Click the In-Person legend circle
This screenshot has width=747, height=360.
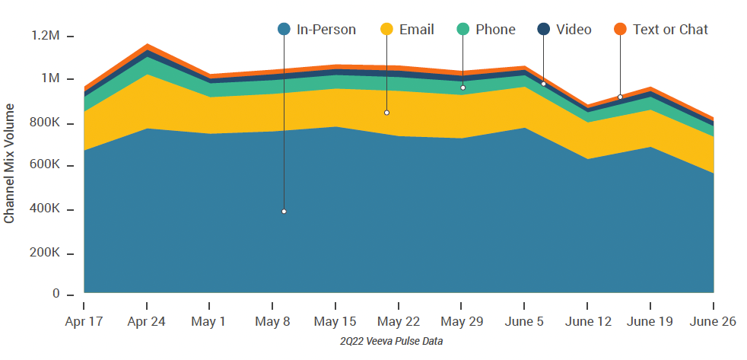(284, 30)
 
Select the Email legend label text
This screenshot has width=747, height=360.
(417, 30)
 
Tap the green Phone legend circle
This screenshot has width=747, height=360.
(463, 30)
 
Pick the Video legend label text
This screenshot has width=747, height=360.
(574, 30)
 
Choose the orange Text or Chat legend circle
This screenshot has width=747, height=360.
(620, 30)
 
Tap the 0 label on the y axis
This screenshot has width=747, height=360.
(56, 294)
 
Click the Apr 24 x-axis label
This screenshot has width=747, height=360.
(146, 321)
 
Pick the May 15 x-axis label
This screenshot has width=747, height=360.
(335, 321)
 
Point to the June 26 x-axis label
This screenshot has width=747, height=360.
(713, 321)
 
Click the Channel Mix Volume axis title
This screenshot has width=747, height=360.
(10, 164)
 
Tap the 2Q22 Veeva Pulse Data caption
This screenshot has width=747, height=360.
(391, 342)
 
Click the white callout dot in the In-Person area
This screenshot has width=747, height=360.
(284, 212)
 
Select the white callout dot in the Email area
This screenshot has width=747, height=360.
(386, 113)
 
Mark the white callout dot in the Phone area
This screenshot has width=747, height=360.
(463, 88)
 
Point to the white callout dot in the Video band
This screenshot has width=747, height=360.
(543, 84)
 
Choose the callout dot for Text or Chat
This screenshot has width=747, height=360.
(620, 97)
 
